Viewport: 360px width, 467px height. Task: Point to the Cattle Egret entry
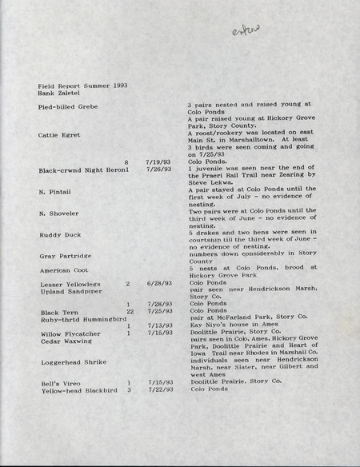click(x=59, y=134)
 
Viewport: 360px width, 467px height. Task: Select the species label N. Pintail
click(x=55, y=192)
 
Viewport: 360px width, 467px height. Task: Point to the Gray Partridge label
click(x=63, y=256)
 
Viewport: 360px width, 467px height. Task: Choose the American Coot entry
click(x=63, y=271)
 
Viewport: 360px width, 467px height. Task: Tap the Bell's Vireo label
click(x=59, y=383)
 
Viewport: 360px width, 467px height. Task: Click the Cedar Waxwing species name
click(x=63, y=341)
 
